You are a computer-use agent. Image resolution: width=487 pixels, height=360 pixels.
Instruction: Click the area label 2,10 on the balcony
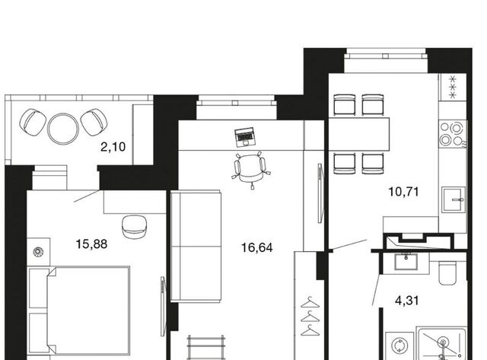[113, 147]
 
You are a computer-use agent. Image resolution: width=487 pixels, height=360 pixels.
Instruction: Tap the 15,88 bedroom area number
[91, 244]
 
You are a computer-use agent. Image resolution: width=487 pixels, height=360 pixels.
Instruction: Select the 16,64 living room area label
[257, 248]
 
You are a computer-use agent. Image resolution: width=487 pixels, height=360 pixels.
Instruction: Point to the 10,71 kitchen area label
[403, 192]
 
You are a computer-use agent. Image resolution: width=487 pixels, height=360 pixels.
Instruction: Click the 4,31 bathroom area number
[407, 301]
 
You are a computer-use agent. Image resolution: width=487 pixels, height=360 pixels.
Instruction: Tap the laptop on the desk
[245, 137]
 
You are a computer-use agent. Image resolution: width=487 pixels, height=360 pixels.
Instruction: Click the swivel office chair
[251, 170]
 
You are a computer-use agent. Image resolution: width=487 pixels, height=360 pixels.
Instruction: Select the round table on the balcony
[63, 129]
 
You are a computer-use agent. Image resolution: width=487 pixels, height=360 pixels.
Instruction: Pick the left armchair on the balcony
[33, 122]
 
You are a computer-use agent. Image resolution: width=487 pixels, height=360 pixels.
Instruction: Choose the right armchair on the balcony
[94, 122]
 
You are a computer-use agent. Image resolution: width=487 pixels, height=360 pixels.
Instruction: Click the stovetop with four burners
[453, 134]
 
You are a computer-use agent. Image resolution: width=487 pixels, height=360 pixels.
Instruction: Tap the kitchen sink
[454, 199]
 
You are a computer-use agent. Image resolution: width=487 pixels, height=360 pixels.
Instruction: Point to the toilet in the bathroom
[447, 272]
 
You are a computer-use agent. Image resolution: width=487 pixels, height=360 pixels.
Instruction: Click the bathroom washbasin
[406, 261]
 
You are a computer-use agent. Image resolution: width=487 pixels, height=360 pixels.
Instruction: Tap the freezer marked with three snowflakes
[453, 88]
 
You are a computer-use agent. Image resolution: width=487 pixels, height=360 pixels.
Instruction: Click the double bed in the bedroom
[79, 311]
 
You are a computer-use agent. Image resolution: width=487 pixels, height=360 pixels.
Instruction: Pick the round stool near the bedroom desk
[134, 227]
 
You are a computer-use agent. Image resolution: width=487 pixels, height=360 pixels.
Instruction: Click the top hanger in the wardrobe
[310, 302]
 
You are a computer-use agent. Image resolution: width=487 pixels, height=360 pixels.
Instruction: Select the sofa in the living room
[196, 247]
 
